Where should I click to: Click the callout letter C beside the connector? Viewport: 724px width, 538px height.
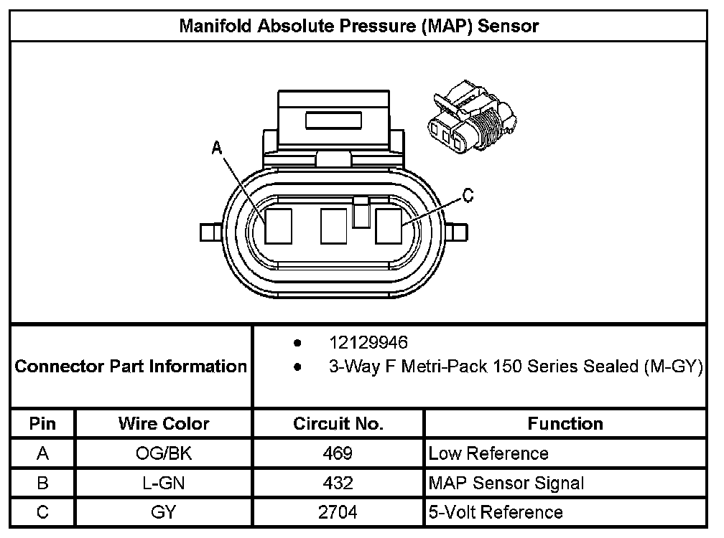click(467, 196)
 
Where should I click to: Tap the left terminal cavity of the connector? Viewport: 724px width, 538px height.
click(277, 225)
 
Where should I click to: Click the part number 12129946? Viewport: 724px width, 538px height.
click(368, 342)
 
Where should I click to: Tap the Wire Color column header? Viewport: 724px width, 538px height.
click(164, 423)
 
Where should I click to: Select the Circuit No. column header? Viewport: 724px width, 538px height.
click(338, 423)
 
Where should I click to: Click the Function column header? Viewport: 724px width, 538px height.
click(565, 423)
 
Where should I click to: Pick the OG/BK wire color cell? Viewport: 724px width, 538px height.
click(164, 453)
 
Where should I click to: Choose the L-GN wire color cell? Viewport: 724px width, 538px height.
click(164, 483)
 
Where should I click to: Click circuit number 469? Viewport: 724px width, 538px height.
click(338, 453)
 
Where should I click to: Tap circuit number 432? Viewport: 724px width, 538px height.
click(338, 483)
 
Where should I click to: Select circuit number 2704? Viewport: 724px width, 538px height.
click(338, 512)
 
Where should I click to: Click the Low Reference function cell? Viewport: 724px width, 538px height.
click(488, 453)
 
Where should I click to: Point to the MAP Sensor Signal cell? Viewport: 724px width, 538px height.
click(506, 483)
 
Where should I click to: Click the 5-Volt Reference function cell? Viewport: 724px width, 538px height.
click(496, 512)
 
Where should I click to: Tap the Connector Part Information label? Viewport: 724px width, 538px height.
click(131, 367)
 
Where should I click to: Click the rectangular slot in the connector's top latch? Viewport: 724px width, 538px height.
click(333, 120)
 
